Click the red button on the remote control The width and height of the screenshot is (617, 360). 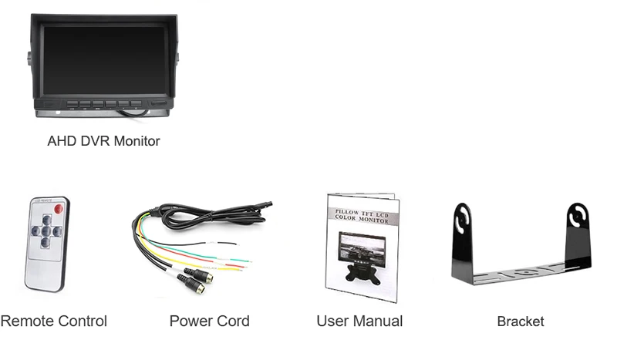[57, 209]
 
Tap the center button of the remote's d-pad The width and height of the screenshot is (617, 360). [46, 230]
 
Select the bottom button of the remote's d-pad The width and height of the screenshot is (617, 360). [46, 242]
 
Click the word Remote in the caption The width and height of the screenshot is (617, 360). [27, 321]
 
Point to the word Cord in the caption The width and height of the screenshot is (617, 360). [231, 321]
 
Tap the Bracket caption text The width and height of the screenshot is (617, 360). [521, 321]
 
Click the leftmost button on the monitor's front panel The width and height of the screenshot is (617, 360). [72, 103]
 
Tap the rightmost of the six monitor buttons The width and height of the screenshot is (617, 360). [137, 103]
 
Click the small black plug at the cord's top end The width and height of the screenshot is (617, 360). [265, 205]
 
